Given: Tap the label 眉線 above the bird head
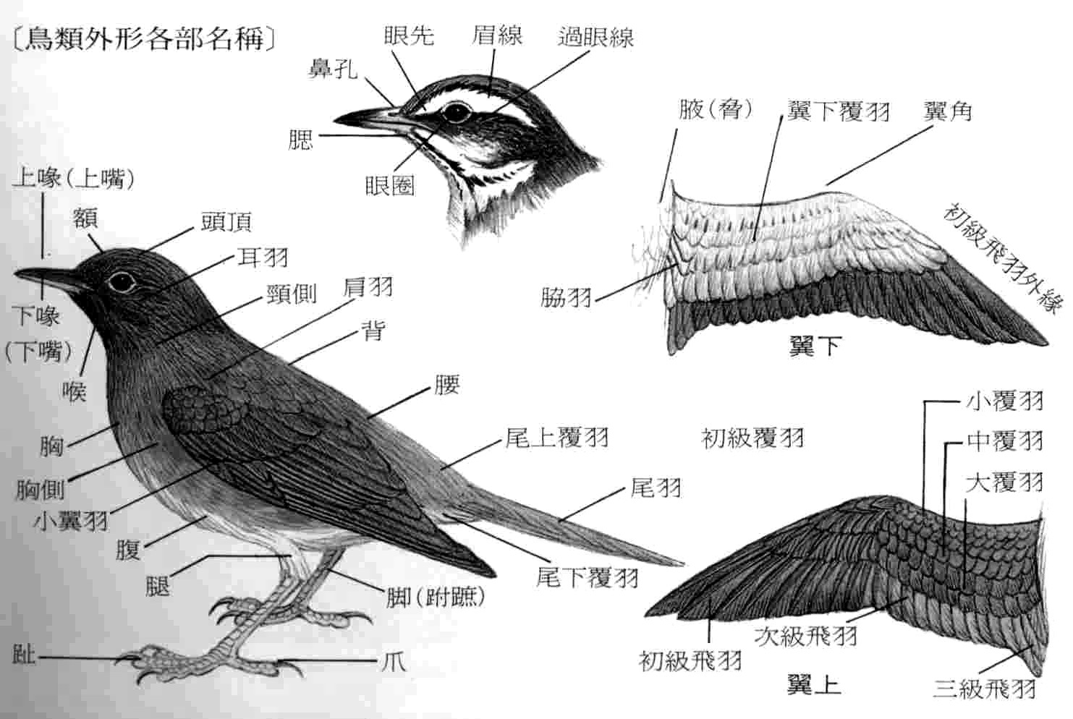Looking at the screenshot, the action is click(x=497, y=35).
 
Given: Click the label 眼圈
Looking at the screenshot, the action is click(x=389, y=186).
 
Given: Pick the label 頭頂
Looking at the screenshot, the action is click(x=226, y=222).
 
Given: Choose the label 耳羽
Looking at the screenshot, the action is click(x=263, y=257).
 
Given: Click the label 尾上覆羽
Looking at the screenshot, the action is click(x=556, y=438).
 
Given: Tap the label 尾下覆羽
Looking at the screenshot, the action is click(x=587, y=577).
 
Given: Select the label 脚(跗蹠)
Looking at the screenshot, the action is click(x=435, y=597).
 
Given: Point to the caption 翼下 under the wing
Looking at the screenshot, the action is click(x=814, y=346).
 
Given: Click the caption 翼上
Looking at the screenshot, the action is click(x=814, y=684).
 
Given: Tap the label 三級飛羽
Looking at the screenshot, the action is click(x=984, y=687).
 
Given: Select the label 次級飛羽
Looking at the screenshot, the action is click(x=805, y=636).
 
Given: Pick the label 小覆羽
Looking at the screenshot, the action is click(x=1005, y=400).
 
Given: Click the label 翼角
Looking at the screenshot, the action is click(x=947, y=111).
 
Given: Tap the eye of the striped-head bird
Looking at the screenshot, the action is click(x=456, y=112).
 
